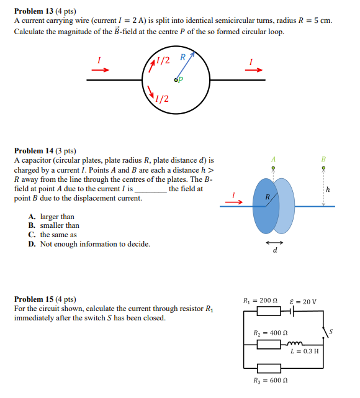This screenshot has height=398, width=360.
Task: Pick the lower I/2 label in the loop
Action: click(x=163, y=98)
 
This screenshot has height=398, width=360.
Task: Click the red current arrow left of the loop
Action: click(x=100, y=70)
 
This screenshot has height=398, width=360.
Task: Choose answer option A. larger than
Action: click(x=52, y=217)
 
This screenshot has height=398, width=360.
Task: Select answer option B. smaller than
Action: click(x=55, y=225)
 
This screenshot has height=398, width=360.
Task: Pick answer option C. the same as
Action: click(x=53, y=235)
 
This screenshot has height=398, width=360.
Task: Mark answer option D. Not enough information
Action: click(x=89, y=244)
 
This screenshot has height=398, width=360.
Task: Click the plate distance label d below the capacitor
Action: click(x=275, y=251)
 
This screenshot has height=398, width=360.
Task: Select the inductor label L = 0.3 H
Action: click(x=305, y=351)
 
